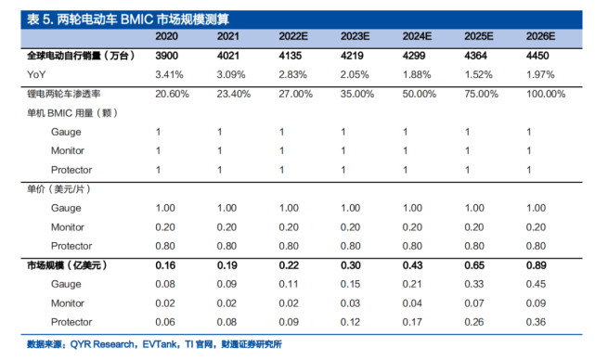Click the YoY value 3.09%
pos(229,73)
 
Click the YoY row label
pos(36,73)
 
